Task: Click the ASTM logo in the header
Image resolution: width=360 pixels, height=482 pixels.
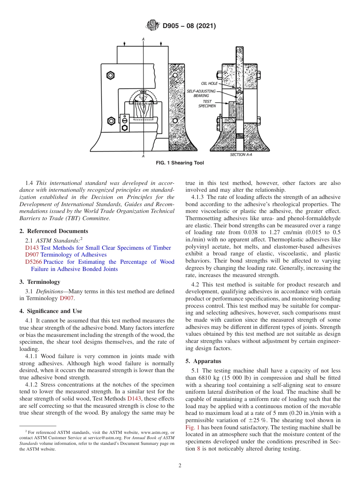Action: point(153,26)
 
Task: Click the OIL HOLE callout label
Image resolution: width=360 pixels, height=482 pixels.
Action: point(209,83)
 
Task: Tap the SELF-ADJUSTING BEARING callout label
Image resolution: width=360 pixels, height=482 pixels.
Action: point(201,94)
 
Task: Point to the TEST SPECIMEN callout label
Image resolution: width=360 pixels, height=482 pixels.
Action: point(207,104)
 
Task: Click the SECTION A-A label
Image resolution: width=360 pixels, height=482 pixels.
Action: point(243,155)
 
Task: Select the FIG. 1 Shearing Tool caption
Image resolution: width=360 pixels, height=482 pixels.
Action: point(180,163)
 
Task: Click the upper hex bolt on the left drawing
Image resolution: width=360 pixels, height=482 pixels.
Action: point(111,75)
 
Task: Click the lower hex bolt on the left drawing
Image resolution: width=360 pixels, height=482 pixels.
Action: point(111,121)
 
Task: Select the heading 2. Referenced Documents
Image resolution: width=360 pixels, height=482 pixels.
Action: point(53,231)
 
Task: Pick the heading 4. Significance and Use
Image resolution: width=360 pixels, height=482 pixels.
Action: point(50,311)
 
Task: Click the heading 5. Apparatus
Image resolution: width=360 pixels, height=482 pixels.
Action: point(203,361)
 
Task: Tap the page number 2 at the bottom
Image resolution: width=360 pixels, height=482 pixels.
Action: point(180,466)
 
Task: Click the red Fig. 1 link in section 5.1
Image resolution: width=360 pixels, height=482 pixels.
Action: point(190,427)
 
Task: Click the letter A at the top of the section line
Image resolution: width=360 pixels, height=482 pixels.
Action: point(143,39)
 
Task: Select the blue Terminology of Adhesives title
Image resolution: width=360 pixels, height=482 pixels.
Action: point(73,255)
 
